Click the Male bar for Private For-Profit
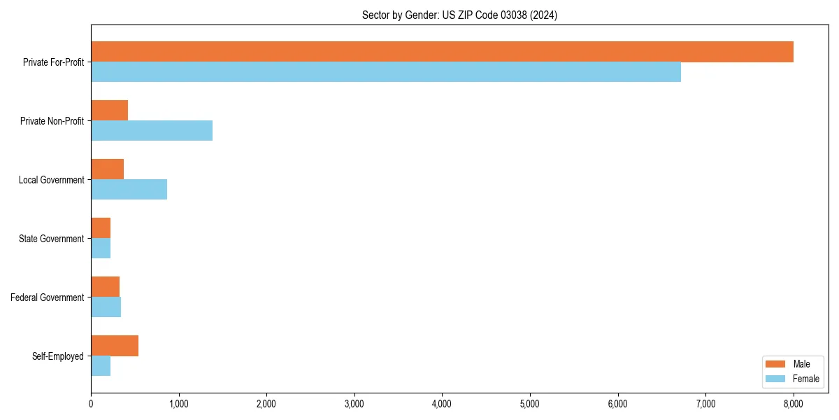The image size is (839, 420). point(442,52)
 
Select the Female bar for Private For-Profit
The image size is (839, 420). point(386,71)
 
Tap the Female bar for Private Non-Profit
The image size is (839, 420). point(152,130)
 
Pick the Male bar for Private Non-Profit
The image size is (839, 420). point(109,111)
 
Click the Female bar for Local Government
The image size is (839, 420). point(129,189)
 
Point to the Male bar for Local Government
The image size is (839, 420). point(107,169)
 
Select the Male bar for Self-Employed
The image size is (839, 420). point(115,346)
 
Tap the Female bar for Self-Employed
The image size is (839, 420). point(101,365)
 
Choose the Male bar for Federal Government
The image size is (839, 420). point(105,287)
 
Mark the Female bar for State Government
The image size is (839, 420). point(101,248)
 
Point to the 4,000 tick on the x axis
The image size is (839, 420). point(442,403)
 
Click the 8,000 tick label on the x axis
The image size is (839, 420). point(794,403)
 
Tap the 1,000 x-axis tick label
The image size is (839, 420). point(179,403)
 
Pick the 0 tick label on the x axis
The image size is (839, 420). point(91,403)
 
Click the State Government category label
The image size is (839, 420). point(51,239)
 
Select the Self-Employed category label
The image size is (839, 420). point(57,356)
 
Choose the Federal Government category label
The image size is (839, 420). point(48,297)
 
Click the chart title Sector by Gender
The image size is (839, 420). point(459,15)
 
